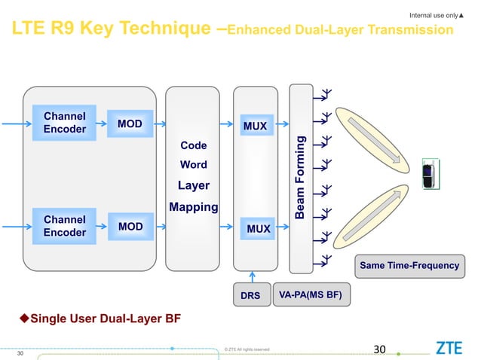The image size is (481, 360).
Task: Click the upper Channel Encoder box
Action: pyautogui.click(x=65, y=123)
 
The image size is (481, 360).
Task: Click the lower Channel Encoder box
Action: pyautogui.click(x=65, y=226)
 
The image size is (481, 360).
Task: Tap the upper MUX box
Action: pyautogui.click(x=255, y=126)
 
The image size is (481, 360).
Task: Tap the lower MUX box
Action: pyautogui.click(x=255, y=227)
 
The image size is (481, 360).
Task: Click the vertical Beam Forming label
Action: pyautogui.click(x=300, y=178)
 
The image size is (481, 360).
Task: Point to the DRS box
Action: pyautogui.click(x=250, y=296)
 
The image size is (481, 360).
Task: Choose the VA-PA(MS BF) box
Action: pyautogui.click(x=310, y=295)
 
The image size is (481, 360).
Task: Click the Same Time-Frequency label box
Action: pyautogui.click(x=409, y=265)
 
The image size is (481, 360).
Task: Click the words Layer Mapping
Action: pyautogui.click(x=193, y=196)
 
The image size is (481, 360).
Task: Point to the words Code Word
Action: pyautogui.click(x=193, y=154)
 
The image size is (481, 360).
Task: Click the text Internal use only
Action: pyautogui.click(x=434, y=14)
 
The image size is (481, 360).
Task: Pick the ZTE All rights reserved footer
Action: pyautogui.click(x=247, y=349)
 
